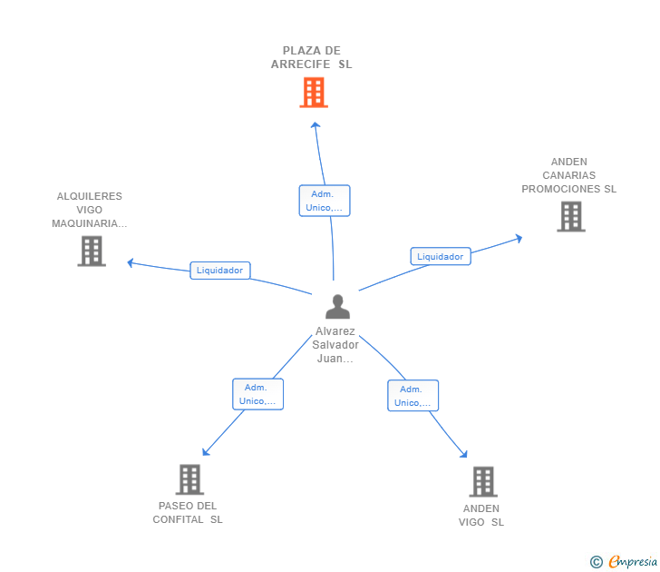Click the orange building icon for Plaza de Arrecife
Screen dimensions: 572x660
click(x=313, y=93)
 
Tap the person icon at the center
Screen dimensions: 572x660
click(x=337, y=307)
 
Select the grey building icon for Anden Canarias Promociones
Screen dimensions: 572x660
click(x=570, y=217)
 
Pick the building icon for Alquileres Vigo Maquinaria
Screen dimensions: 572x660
click(x=92, y=251)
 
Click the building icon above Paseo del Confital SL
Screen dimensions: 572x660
click(x=189, y=479)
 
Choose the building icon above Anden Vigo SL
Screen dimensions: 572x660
click(x=483, y=481)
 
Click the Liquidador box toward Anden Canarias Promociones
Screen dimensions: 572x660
click(x=440, y=257)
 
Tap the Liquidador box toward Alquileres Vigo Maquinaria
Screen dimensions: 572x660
click(x=219, y=271)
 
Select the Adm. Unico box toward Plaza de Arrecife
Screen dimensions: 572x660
click(x=324, y=201)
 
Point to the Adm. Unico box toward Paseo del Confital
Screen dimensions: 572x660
click(x=257, y=394)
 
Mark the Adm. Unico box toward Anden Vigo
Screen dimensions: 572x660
click(x=412, y=396)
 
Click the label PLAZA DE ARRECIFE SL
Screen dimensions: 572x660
click(x=311, y=58)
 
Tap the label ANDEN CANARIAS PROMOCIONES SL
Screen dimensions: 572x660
click(x=568, y=176)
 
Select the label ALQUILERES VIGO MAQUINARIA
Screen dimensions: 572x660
click(x=89, y=210)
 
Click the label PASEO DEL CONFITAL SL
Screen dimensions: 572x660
click(x=188, y=513)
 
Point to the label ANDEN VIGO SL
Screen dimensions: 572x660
click(x=481, y=515)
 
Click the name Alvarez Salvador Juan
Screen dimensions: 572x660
click(x=336, y=345)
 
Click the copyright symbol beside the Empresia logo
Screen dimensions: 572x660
click(x=597, y=562)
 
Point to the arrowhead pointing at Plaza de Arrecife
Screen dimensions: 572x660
click(x=315, y=125)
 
